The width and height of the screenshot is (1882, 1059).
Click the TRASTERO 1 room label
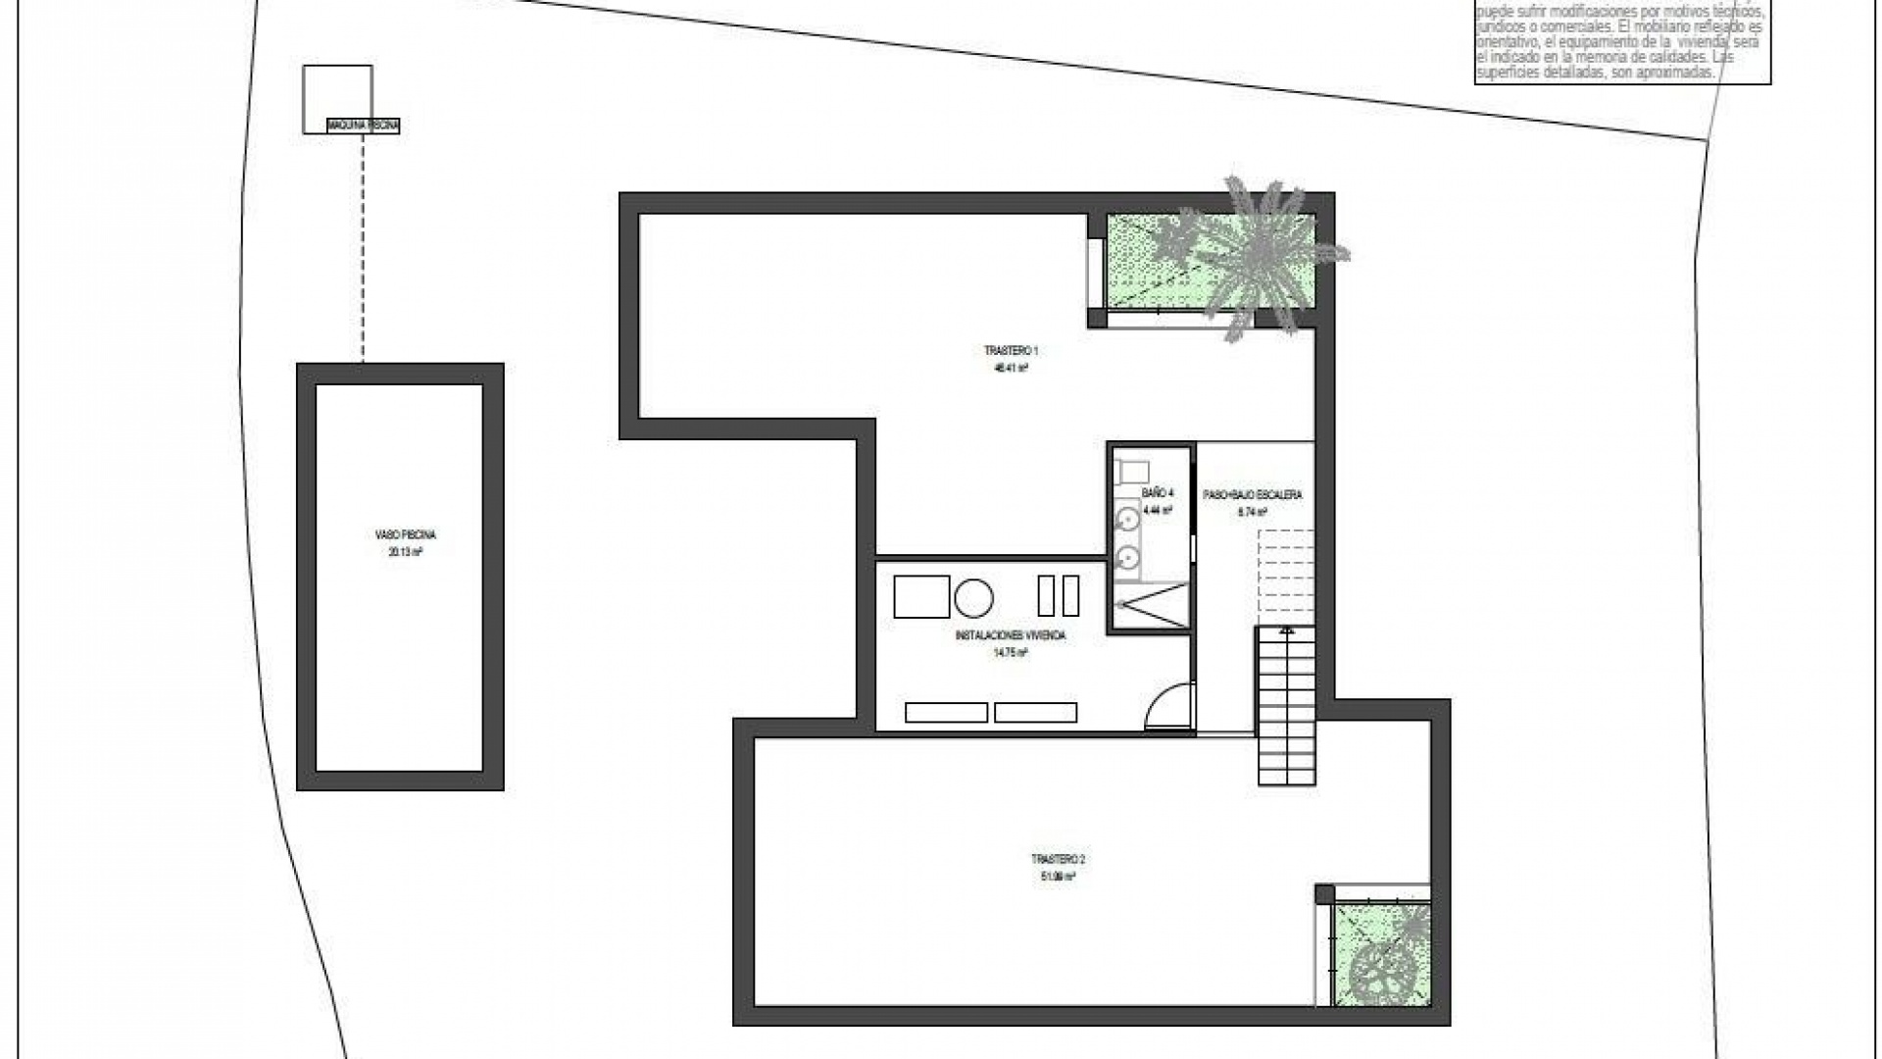(x=1011, y=350)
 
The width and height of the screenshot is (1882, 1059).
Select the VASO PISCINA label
(x=405, y=535)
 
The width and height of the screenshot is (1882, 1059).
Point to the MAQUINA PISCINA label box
(x=363, y=126)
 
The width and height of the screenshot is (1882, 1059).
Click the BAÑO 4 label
(x=1157, y=493)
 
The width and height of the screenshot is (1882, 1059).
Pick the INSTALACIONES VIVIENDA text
(x=1010, y=635)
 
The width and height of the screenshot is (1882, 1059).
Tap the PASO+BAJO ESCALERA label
(x=1253, y=495)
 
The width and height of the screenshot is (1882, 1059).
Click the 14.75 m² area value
(x=1010, y=652)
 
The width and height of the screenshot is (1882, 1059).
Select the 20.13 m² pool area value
(x=405, y=552)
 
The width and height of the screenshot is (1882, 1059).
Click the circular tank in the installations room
(x=973, y=596)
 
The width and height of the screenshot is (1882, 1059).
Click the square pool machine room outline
(x=337, y=93)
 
